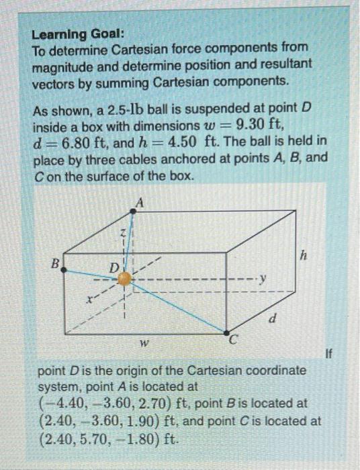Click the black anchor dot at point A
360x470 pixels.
coord(134,211)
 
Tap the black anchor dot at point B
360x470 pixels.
coord(64,267)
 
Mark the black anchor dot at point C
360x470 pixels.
coord(227,332)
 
